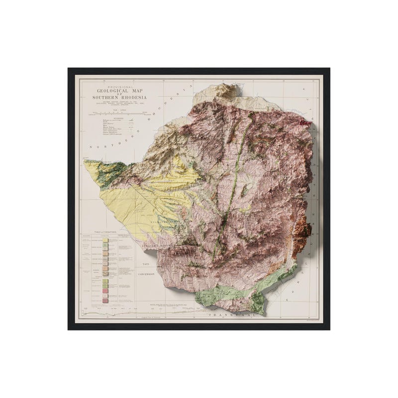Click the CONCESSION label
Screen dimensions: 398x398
tap(145, 274)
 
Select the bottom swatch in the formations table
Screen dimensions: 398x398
tap(105, 300)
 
